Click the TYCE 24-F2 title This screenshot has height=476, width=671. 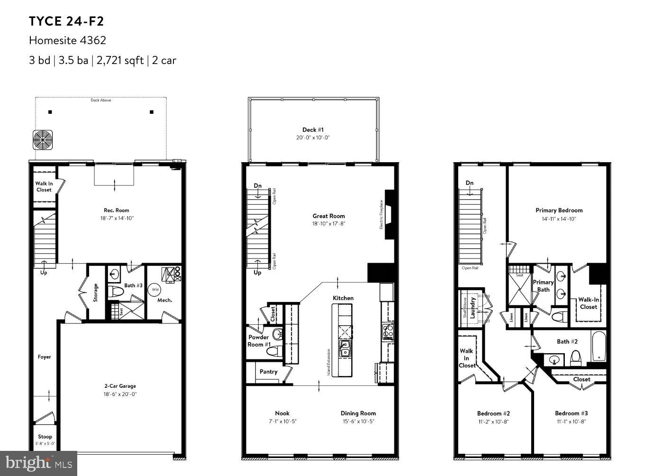click(x=66, y=21)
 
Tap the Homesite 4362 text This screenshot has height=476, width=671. click(x=67, y=40)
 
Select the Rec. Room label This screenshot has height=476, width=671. click(x=116, y=211)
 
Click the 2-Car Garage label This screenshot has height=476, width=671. click(x=120, y=386)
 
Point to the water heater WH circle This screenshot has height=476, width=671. click(x=155, y=289)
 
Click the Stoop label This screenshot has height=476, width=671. click(x=45, y=437)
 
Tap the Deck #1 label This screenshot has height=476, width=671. click(x=313, y=129)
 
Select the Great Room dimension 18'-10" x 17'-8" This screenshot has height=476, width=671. click(x=328, y=224)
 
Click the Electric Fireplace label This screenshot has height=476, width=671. click(x=381, y=214)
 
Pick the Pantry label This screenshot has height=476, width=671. click(x=268, y=372)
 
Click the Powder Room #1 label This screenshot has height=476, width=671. click(x=259, y=341)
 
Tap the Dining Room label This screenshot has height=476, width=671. click(x=358, y=413)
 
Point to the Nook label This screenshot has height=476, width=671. click(x=282, y=413)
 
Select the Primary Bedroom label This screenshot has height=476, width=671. click(x=559, y=211)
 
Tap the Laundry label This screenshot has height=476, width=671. click(x=472, y=307)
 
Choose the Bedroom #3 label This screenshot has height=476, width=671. click(x=571, y=413)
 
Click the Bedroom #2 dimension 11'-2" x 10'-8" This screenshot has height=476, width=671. click(x=493, y=421)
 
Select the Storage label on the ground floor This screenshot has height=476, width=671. click(x=96, y=293)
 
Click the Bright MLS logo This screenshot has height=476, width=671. click(x=39, y=463)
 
